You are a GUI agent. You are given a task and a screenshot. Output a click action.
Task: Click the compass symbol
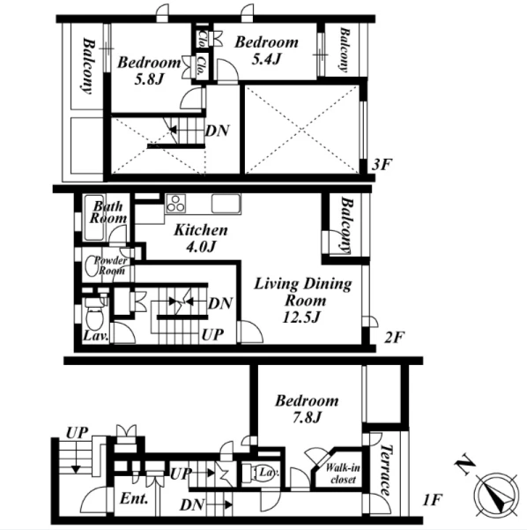pyautogui.click(x=496, y=496)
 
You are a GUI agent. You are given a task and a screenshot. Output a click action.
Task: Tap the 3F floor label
pyautogui.click(x=382, y=165)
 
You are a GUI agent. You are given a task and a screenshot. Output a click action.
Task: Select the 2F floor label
pyautogui.click(x=395, y=337)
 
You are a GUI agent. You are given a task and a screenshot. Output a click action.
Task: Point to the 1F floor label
pyautogui.click(x=433, y=499)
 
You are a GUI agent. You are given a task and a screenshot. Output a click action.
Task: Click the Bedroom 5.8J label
pyautogui.click(x=149, y=71)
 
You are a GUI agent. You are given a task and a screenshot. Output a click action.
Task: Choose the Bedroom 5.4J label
pyautogui.click(x=266, y=50)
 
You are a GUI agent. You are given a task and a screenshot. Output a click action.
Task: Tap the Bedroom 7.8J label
pyautogui.click(x=307, y=409)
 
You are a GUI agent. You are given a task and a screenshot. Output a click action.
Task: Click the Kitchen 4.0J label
pyautogui.click(x=201, y=238)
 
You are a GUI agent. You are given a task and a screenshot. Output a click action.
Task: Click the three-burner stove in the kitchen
pyautogui.click(x=175, y=204)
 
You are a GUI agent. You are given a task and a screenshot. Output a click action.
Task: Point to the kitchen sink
pyautogui.click(x=226, y=204)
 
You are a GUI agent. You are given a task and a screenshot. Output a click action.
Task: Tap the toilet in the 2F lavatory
pyautogui.click(x=94, y=313)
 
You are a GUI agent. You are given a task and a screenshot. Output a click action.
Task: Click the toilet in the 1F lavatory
pyautogui.click(x=260, y=473)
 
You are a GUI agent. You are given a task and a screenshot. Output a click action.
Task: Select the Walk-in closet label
pyautogui.click(x=343, y=474)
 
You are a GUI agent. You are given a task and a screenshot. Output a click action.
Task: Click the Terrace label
pyautogui.click(x=385, y=470)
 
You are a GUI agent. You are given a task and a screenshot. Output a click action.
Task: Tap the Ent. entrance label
pyautogui.click(x=134, y=498)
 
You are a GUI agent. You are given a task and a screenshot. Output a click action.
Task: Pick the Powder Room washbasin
pyautogui.click(x=91, y=265)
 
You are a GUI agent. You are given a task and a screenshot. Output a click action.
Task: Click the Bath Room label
pyautogui.click(x=108, y=213)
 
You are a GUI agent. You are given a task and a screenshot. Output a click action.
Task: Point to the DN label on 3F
pyautogui.click(x=218, y=131)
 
